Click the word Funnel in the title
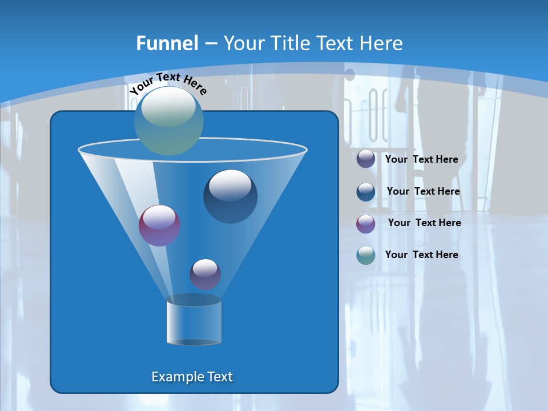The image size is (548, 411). pos(167,43)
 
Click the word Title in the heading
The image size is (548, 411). pos(290,43)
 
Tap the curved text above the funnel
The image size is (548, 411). pos(168,83)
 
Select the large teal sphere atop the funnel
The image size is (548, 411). pos(169,121)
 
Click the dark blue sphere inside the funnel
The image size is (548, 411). pos(230,196)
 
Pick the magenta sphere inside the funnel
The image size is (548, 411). pos(159,225)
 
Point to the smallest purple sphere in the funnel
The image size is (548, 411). pos(205,274)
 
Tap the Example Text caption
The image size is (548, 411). pos(192,377)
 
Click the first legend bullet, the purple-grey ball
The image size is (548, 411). pos(366,159)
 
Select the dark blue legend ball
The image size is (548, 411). pos(366,191)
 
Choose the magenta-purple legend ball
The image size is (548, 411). pos(366,223)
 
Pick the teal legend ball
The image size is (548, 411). pos(366,255)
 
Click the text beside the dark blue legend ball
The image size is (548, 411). pos(423,191)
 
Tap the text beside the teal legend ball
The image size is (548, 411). pos(421,255)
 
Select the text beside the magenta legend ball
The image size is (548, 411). pos(424,223)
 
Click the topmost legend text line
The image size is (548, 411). pos(421,159)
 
